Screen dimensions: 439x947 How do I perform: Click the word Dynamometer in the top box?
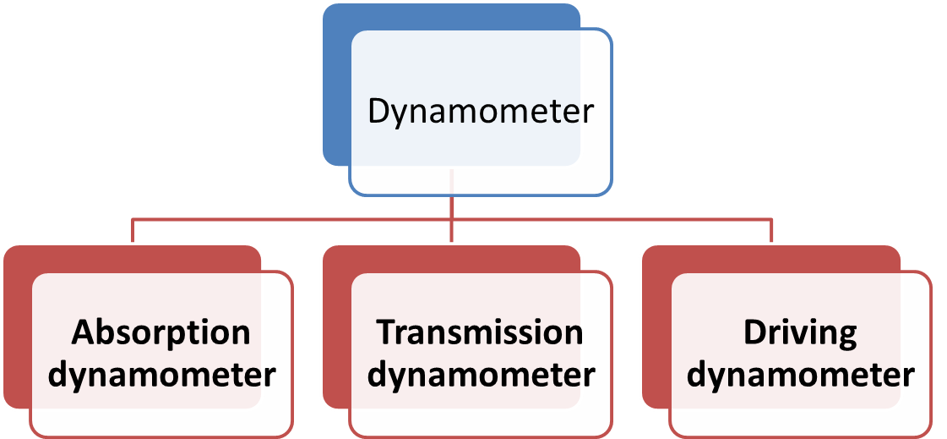[x=481, y=112]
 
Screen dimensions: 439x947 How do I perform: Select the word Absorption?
[x=161, y=332]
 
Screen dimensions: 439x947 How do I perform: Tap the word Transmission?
[x=480, y=332]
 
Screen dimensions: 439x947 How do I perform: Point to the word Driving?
[x=800, y=332]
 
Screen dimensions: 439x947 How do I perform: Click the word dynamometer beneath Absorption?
[x=161, y=374]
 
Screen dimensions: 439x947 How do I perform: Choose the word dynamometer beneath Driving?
[x=800, y=374]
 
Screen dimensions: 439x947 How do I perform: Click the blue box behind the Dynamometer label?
[x=336, y=85]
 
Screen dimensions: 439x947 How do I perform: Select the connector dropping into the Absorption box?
[x=133, y=231]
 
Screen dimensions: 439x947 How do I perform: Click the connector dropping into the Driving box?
[x=771, y=231]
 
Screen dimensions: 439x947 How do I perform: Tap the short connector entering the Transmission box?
[x=452, y=233]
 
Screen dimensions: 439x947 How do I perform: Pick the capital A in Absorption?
[x=82, y=332]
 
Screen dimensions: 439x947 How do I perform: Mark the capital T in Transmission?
[x=386, y=332]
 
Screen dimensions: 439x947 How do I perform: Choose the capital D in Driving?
[x=754, y=332]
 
